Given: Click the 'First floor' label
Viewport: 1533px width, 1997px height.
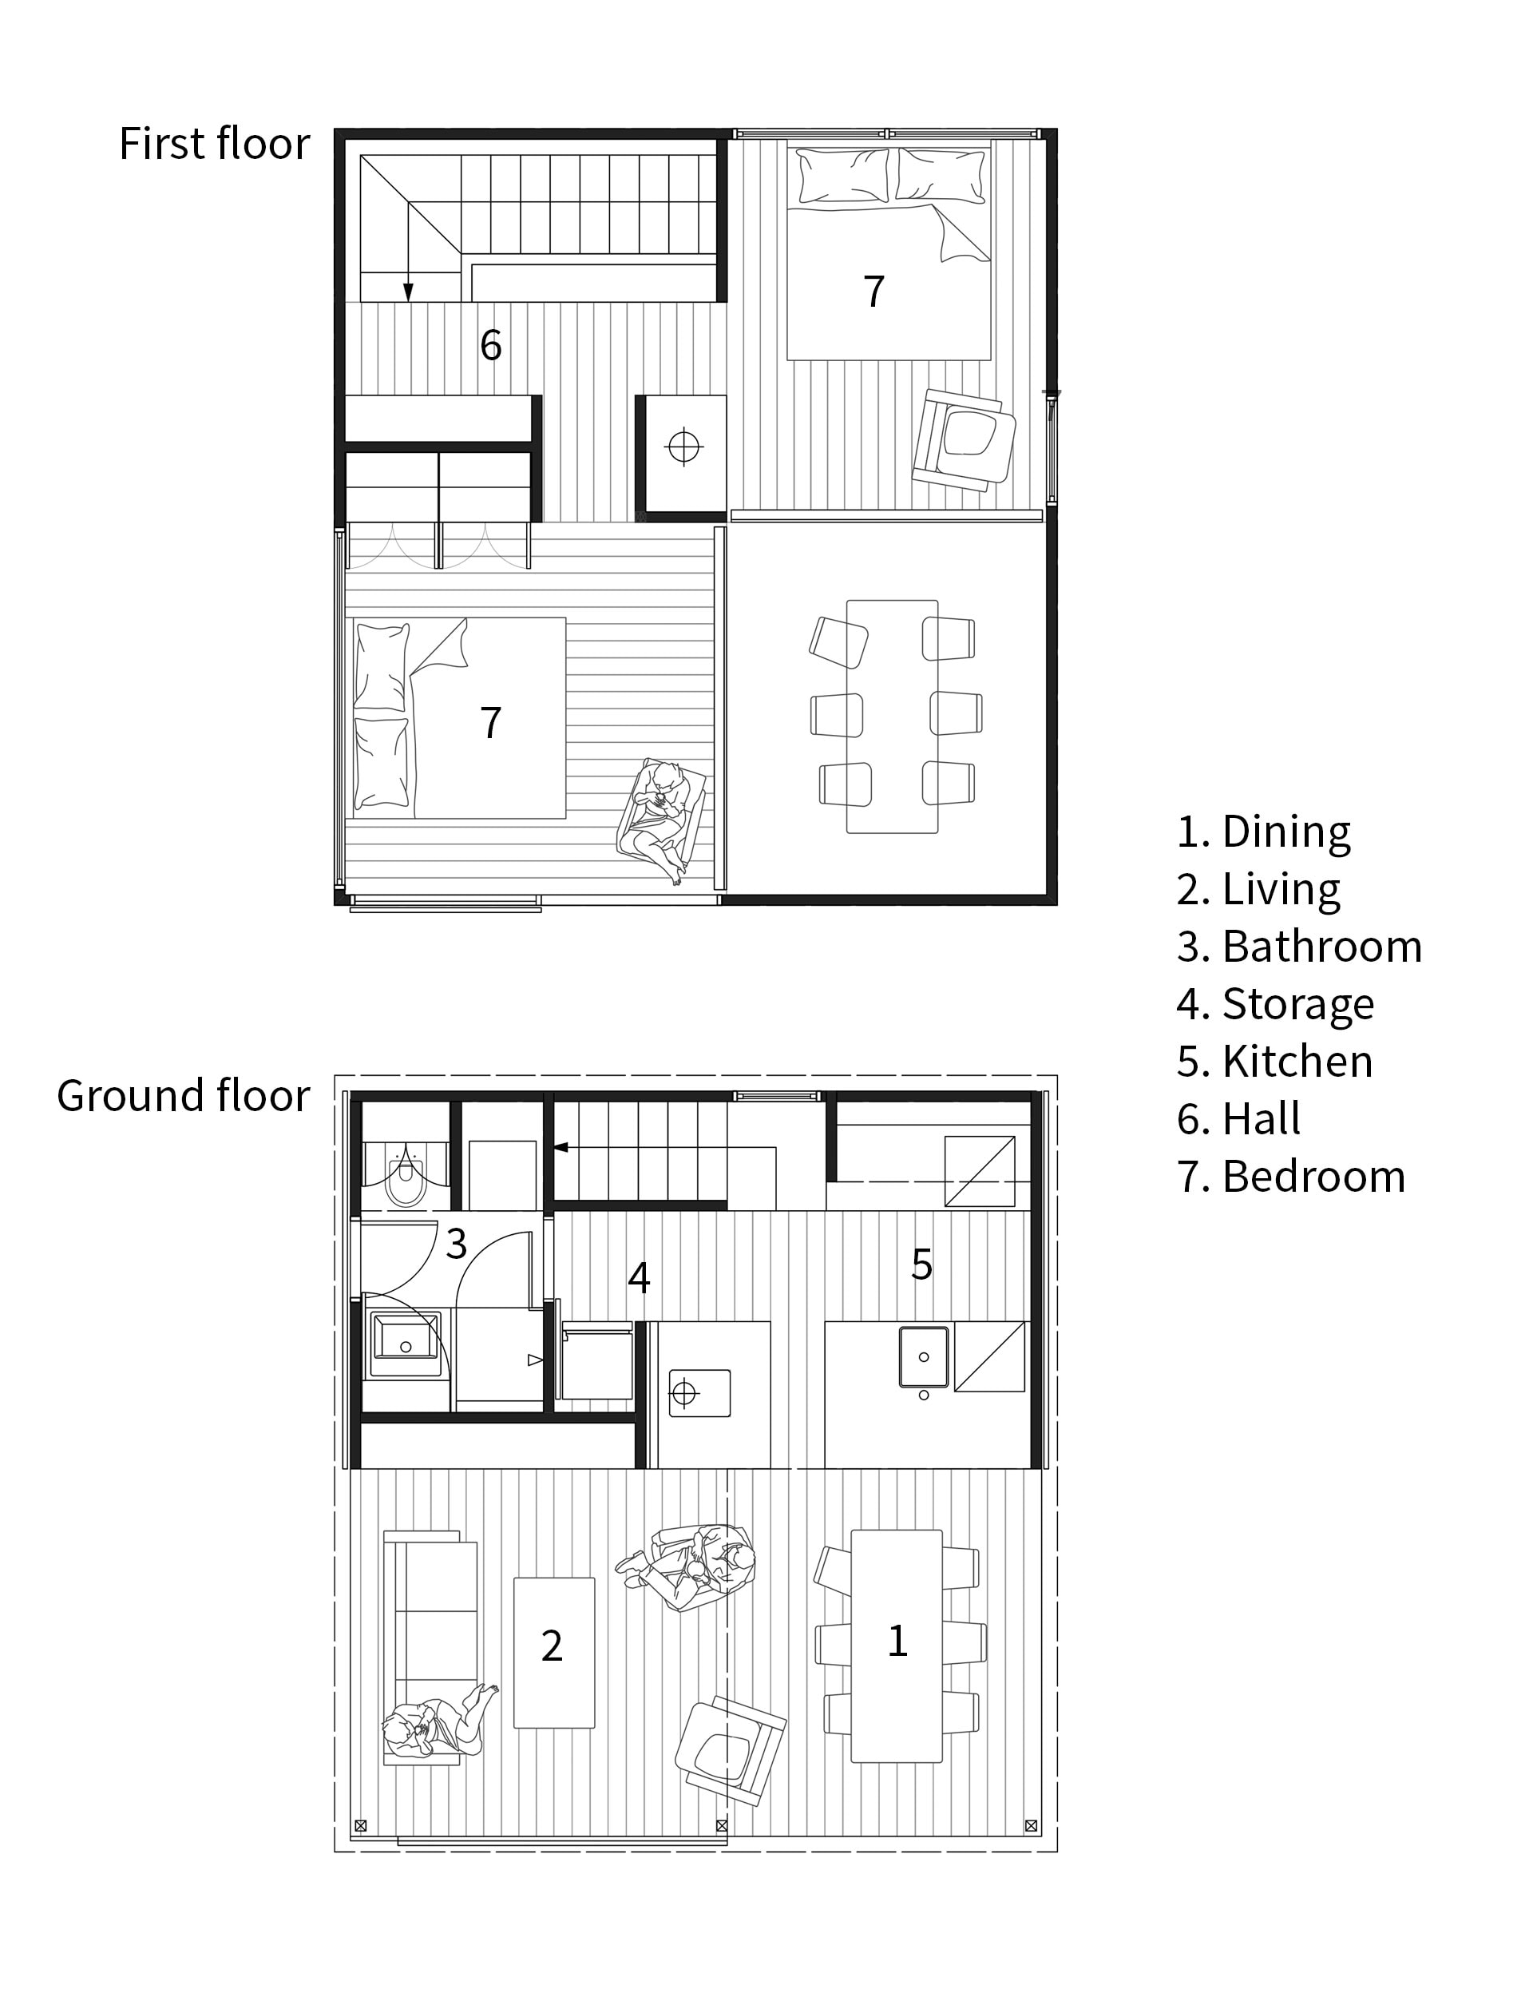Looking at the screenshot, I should coord(215,145).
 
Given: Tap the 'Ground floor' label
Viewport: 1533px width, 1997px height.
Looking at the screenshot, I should coord(184,1095).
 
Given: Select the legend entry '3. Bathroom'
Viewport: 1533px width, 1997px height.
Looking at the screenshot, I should coord(1298,947).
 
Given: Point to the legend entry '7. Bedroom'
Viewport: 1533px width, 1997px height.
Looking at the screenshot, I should coord(1290,1177).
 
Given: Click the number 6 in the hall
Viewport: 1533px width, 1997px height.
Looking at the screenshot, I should coord(491,345).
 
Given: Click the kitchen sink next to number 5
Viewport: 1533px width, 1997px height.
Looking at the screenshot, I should coord(924,1357).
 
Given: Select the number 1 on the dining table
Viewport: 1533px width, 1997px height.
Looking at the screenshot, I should coord(897,1641).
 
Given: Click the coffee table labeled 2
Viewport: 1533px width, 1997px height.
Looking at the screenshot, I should coord(554,1652).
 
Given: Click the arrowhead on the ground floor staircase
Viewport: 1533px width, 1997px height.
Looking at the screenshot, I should coord(561,1147).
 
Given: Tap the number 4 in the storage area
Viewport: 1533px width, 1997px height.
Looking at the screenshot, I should coord(639,1279).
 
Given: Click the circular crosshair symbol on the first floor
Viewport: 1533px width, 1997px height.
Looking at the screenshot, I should coord(683,447).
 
